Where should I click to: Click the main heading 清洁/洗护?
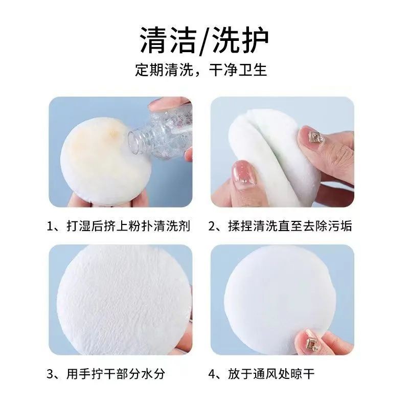pos(204,40)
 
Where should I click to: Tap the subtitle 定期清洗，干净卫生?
pos(201,70)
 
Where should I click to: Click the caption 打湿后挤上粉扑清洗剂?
pos(128,226)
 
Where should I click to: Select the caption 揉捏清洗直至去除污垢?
pos(290,226)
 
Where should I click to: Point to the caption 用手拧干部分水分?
pos(116,374)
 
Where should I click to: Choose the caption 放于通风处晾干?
pos(271,374)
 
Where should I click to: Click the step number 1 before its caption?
pos(50,226)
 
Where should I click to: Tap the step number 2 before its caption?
pos(212,226)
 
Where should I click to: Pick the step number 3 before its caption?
pos(50,374)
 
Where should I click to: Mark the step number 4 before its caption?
pos(212,374)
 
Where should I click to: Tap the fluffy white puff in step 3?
pos(123,300)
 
